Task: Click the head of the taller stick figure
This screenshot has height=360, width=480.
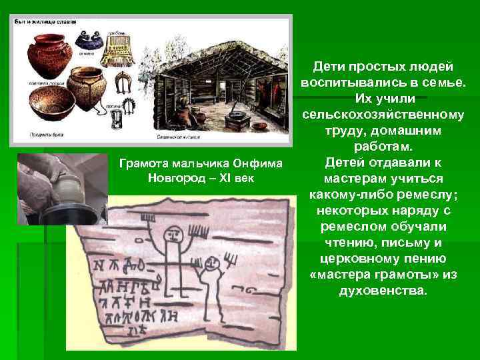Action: coord(172,234)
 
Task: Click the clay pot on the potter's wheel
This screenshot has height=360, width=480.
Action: coord(67,189)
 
